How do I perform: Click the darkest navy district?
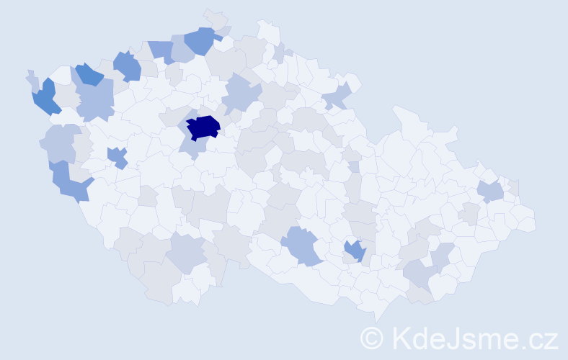point(203,127)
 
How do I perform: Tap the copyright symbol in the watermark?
point(372,338)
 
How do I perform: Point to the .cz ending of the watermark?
point(540,338)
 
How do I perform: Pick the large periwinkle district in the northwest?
point(96,99)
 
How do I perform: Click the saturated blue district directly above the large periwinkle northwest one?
point(89,73)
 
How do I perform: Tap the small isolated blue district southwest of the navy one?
point(117,156)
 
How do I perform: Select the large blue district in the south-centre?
point(305,245)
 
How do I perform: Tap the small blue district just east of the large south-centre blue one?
point(355,251)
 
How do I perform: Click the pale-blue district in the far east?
point(491,192)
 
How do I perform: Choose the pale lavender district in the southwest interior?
point(187,253)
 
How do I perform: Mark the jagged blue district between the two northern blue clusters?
point(128,66)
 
